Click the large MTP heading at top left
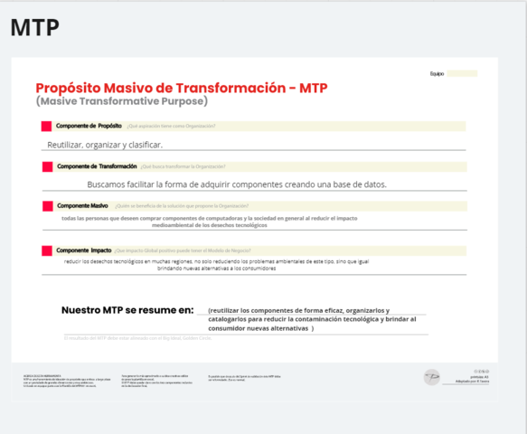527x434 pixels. pyautogui.click(x=35, y=28)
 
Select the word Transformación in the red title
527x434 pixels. pyautogui.click(x=237, y=88)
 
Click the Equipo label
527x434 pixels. pyautogui.click(x=437, y=73)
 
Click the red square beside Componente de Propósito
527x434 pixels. pyautogui.click(x=46, y=126)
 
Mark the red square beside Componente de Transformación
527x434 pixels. pyautogui.click(x=46, y=166)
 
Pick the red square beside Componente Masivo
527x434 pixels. pyautogui.click(x=46, y=206)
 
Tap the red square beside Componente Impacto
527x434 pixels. pyautogui.click(x=46, y=250)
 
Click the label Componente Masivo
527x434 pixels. pyautogui.click(x=82, y=206)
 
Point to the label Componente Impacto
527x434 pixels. pyautogui.click(x=84, y=250)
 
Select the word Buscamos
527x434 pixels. pyautogui.click(x=108, y=184)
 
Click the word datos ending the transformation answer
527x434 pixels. pyautogui.click(x=374, y=184)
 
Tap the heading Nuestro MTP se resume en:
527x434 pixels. pyautogui.click(x=127, y=310)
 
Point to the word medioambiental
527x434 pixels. pyautogui.click(x=178, y=225)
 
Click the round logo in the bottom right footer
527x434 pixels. pyautogui.click(x=433, y=375)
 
